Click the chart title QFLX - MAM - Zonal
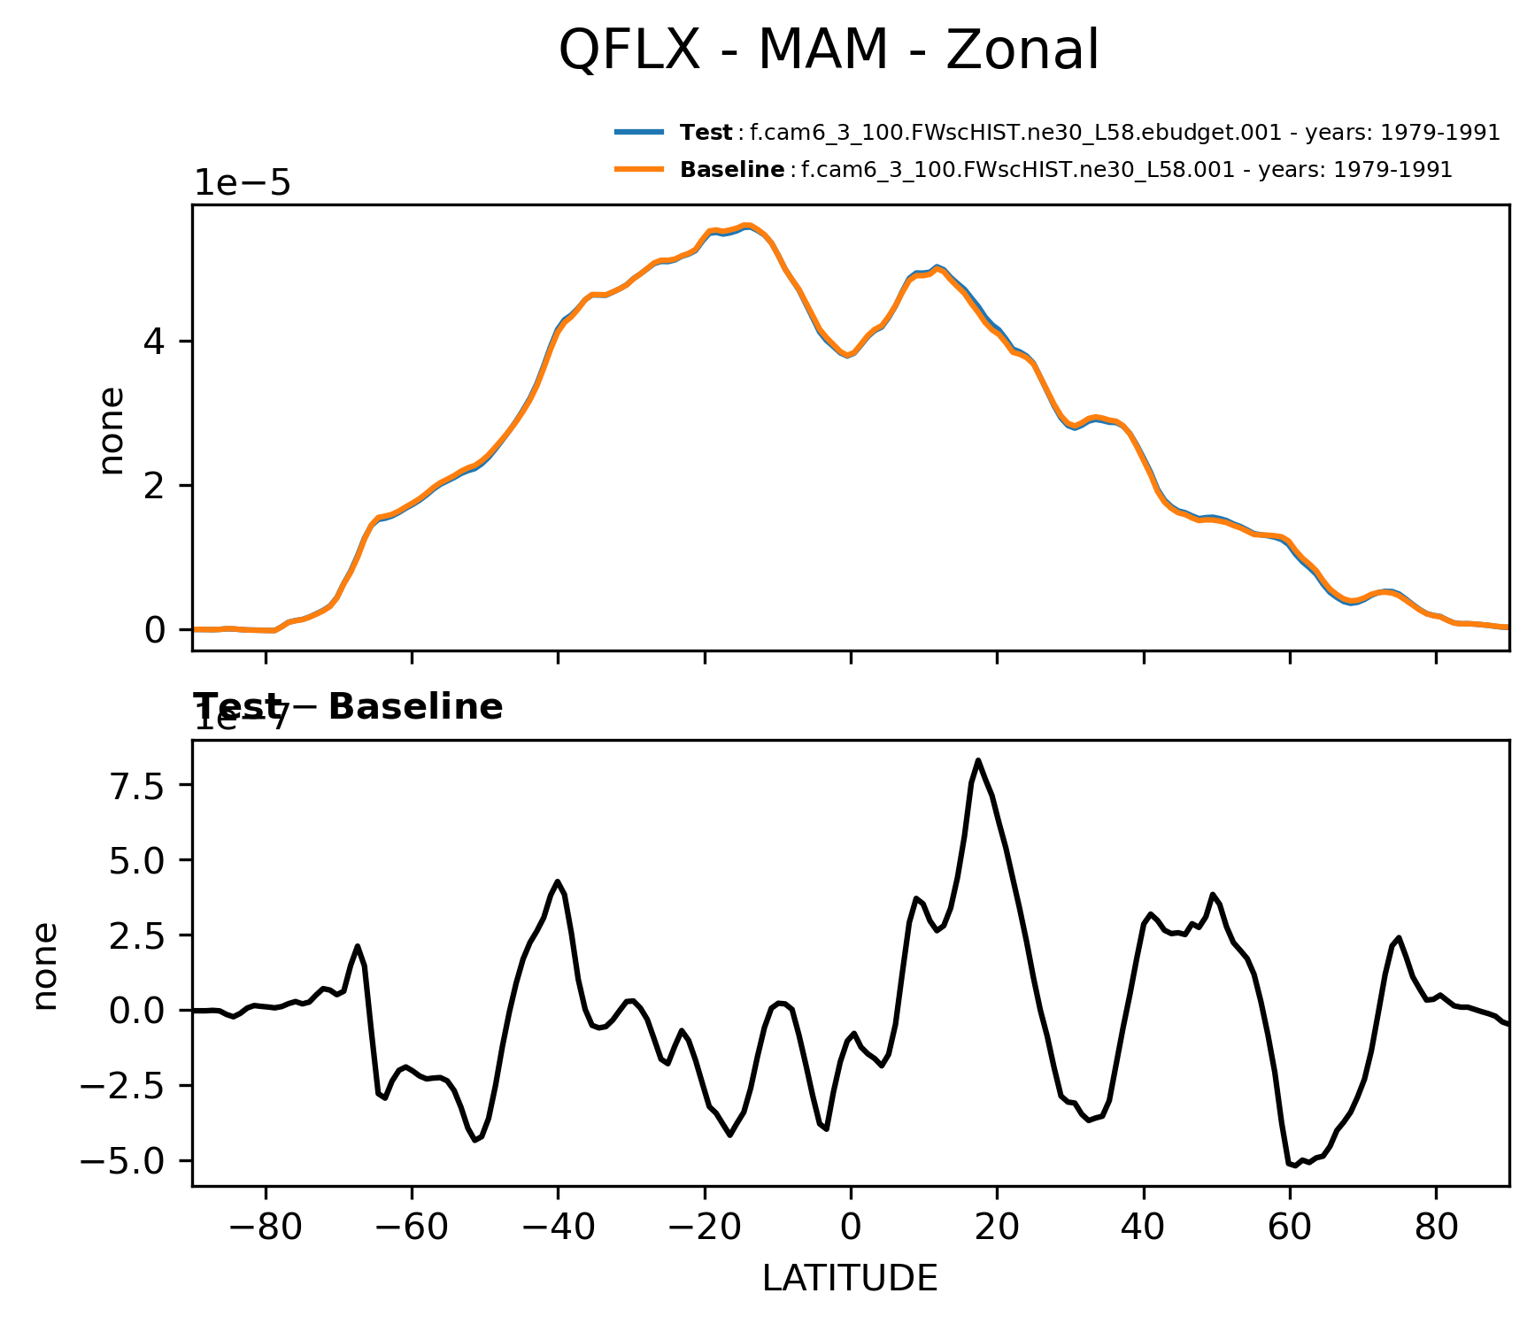click(829, 50)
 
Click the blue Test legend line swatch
click(639, 133)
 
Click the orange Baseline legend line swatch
click(639, 169)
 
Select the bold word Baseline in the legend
click(731, 170)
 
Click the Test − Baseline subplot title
click(348, 707)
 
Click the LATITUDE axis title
click(850, 1279)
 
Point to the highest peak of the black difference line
click(978, 760)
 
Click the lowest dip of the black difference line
click(1295, 1166)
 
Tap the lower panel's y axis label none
click(44, 965)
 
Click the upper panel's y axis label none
click(112, 431)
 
